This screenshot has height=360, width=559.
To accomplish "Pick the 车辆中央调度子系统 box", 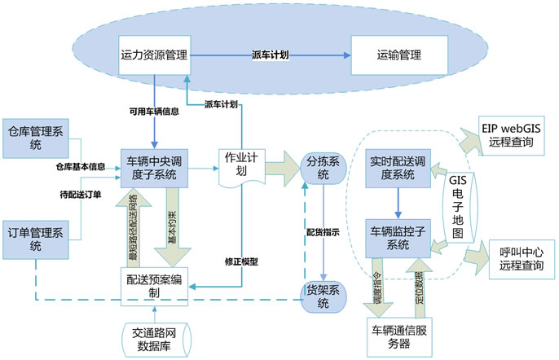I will (x=155, y=168).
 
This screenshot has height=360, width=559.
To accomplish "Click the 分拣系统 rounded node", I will (x=323, y=168).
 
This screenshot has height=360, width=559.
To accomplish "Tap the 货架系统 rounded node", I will (x=323, y=297).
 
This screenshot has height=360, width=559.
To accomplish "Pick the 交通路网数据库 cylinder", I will (x=154, y=339).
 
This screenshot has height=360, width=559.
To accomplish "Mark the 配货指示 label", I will (x=323, y=232).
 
